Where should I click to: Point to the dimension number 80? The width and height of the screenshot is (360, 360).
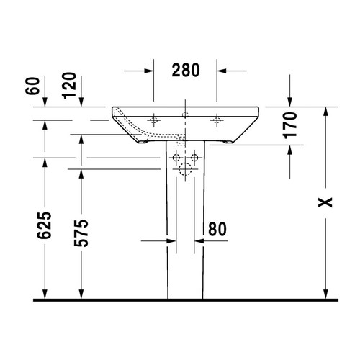click(x=217, y=229)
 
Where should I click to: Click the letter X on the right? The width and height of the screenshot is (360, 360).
click(x=327, y=202)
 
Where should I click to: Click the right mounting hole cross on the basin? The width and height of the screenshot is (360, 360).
click(x=216, y=118)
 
